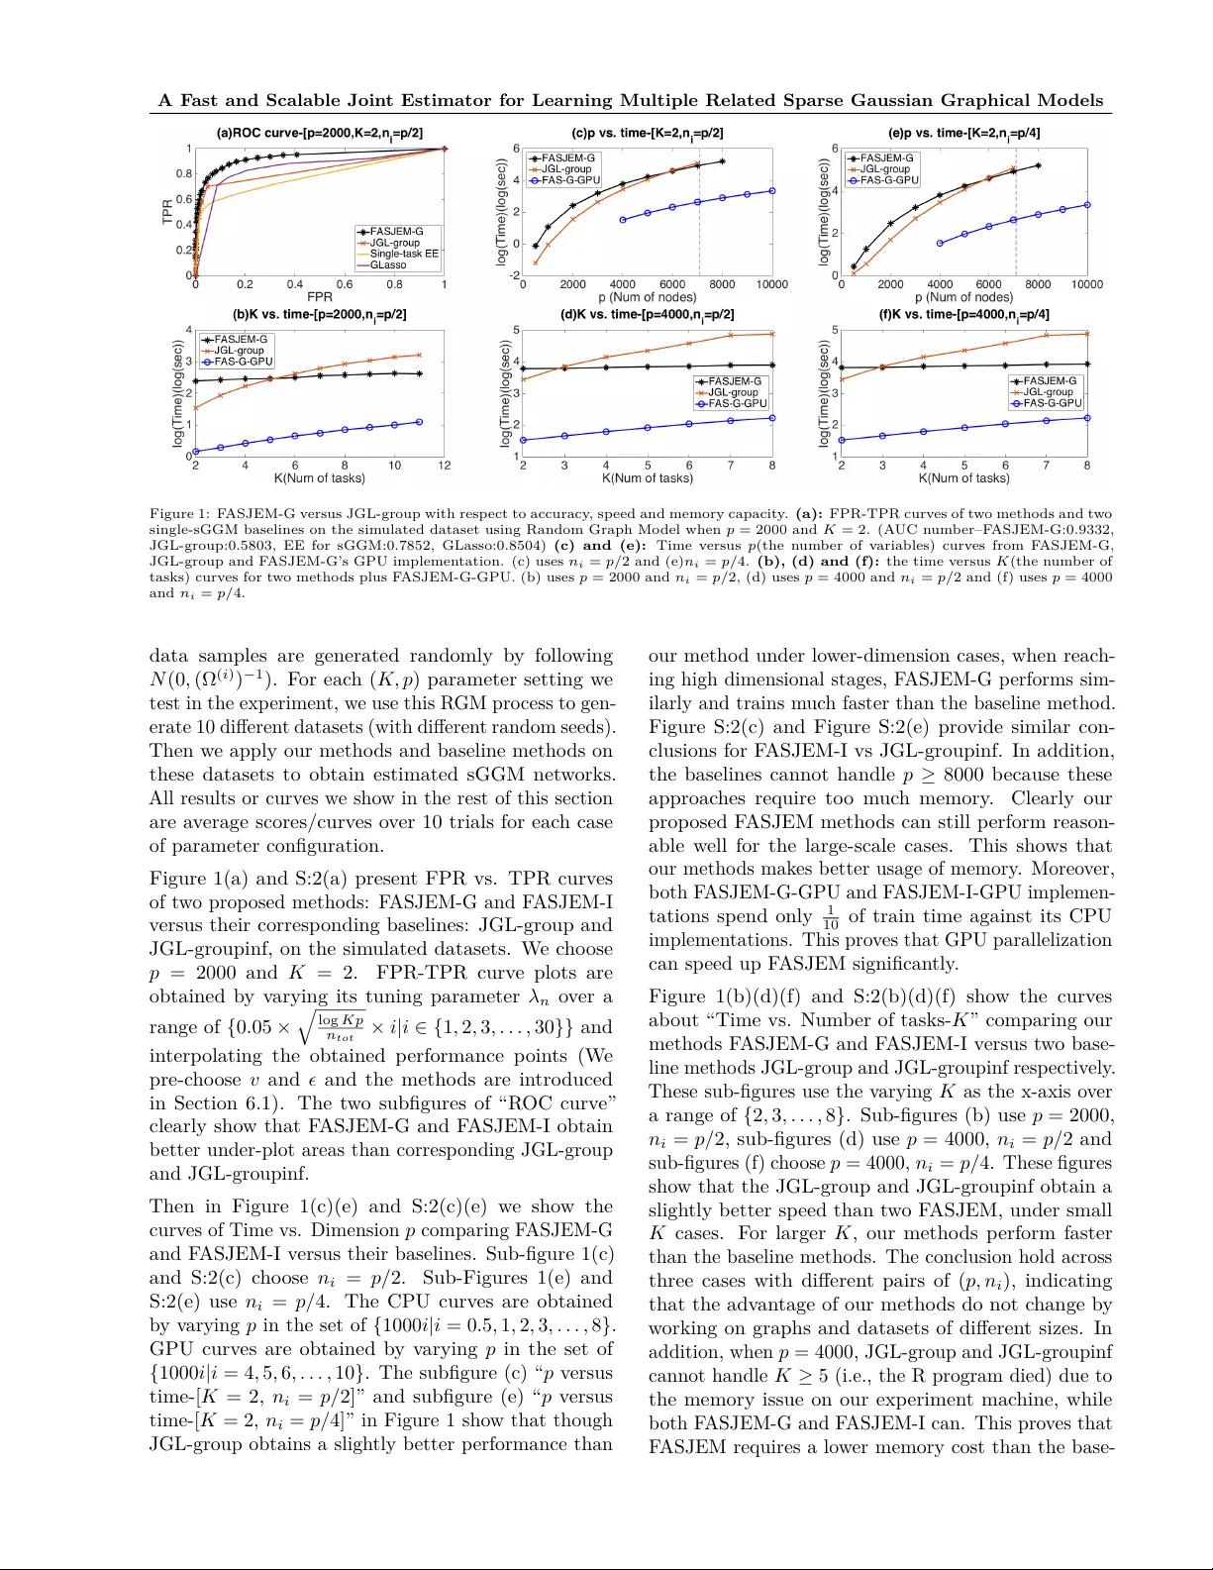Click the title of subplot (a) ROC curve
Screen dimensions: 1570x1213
319,133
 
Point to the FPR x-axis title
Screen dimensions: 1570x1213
320,297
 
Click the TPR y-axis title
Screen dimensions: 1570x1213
167,211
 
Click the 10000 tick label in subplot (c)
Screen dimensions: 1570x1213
771,284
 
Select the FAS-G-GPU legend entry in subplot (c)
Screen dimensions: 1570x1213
570,180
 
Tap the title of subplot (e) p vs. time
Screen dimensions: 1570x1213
963,133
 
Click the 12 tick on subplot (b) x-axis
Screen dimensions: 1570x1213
445,466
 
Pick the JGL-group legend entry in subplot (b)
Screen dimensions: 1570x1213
239,350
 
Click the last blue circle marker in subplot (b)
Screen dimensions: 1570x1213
420,422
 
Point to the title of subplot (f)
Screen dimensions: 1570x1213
963,314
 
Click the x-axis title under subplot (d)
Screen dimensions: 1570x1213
648,478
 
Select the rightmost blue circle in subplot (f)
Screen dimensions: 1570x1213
1087,418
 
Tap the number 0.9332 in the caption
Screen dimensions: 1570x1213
1089,530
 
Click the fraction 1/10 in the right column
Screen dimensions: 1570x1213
830,917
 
